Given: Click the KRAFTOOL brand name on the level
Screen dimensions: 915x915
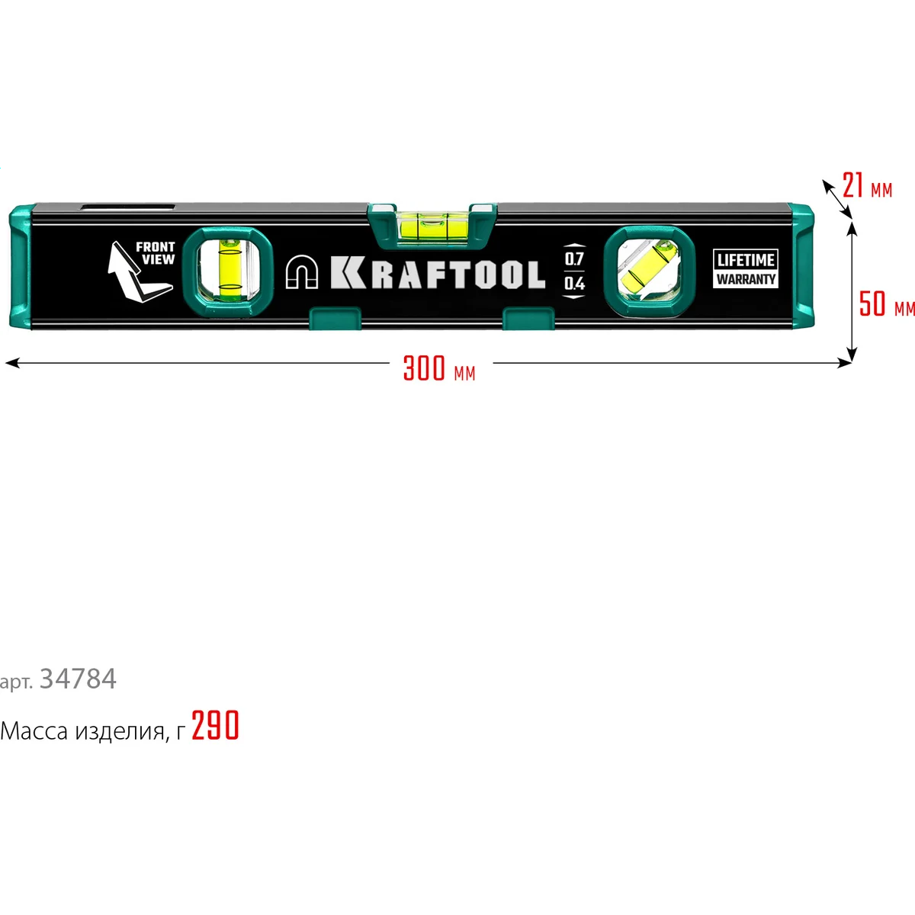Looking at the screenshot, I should click(438, 274).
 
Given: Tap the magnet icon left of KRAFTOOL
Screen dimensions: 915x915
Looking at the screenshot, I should click(302, 273).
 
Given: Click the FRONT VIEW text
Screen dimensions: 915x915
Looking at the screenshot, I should click(156, 253).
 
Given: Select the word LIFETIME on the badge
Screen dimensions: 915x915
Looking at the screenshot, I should click(746, 260).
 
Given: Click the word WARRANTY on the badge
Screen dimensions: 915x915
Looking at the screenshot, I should click(746, 279).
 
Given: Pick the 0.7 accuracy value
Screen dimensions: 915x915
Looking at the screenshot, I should click(574, 258).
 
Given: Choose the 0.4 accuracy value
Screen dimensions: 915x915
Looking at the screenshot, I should click(574, 284).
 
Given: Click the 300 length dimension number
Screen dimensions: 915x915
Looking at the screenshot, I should click(424, 368).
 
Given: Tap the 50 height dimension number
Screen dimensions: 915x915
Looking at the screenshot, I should click(872, 303).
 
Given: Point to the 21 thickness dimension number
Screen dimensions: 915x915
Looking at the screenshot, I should click(852, 185).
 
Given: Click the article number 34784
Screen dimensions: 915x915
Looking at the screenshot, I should click(78, 679).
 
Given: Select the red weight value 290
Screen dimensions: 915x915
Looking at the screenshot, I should click(215, 726).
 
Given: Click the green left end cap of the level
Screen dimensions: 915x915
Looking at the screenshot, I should click(21, 267).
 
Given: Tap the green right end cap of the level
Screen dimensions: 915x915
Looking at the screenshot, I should click(802, 267).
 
